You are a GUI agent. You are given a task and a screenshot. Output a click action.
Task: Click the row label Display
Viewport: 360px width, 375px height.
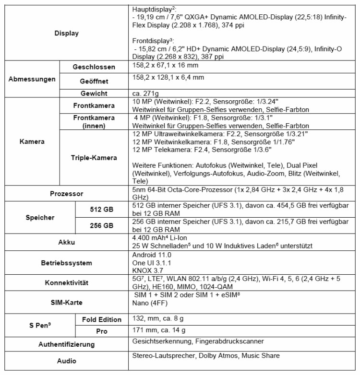point(67,33)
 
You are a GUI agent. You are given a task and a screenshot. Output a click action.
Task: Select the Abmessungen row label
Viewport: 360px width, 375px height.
point(32,80)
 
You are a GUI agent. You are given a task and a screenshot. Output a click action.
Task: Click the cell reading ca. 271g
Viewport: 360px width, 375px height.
point(145,93)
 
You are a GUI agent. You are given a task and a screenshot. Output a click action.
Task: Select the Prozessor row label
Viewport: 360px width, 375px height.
point(67,194)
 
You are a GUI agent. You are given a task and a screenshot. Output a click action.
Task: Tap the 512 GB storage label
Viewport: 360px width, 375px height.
point(102,209)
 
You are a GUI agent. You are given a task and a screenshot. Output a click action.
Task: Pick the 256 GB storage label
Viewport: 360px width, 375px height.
point(102,225)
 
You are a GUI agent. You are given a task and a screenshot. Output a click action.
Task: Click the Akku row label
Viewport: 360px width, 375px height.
point(67,242)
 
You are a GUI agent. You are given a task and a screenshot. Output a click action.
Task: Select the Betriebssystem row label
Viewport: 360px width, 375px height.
point(67,263)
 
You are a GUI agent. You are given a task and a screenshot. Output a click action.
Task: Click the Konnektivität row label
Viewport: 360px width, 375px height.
point(67,282)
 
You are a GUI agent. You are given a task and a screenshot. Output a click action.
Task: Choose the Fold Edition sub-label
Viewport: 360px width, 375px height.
point(101,319)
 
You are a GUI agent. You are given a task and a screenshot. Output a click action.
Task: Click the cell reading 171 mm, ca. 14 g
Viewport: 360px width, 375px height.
point(158,330)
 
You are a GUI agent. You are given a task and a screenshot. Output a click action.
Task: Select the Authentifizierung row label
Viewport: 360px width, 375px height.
point(67,344)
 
